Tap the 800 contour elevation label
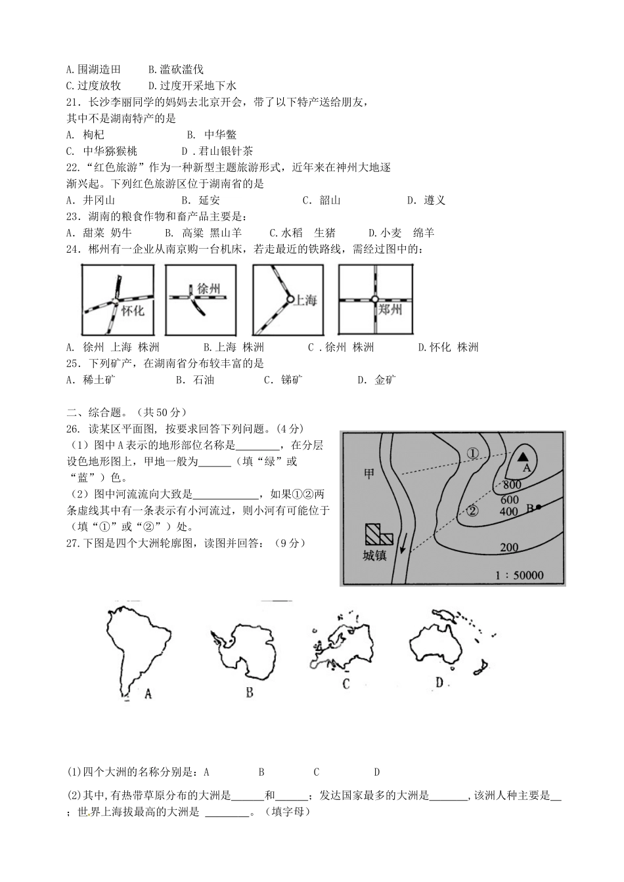511,485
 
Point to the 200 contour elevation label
509,548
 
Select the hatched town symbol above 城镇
378,534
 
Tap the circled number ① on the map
474,452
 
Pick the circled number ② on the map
472,509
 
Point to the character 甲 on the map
369,473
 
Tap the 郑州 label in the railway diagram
390,309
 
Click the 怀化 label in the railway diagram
133,310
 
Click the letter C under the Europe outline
346,684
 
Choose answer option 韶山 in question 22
330,200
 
